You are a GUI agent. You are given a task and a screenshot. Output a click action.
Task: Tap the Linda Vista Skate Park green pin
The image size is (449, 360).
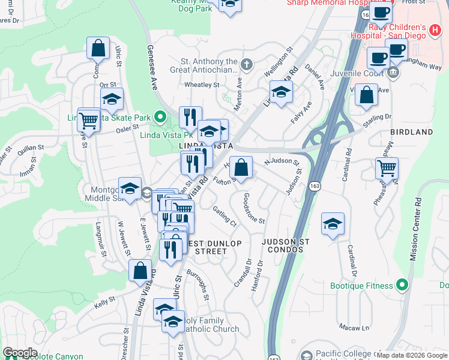[159, 116]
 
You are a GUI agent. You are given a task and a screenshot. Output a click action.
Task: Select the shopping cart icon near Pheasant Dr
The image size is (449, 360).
[387, 168]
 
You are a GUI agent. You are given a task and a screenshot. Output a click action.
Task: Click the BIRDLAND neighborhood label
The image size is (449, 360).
[411, 132]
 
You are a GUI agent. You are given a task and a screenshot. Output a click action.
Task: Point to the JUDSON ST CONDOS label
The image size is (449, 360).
[286, 245]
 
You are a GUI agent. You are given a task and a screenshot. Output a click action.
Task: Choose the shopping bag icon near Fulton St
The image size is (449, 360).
[241, 168]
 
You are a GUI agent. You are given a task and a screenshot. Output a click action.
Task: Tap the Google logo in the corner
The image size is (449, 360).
[20, 352]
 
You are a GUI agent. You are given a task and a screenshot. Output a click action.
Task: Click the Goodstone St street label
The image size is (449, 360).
[254, 208]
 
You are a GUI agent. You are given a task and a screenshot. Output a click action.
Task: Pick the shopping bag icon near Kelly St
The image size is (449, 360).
[140, 271]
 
